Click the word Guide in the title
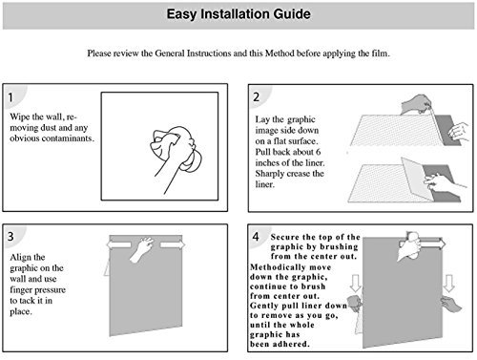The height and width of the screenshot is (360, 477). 292,14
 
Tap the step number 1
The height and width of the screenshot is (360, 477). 10,97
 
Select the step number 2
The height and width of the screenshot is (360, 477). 257,96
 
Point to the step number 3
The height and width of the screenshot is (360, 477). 10,236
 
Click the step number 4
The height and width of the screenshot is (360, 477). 256,237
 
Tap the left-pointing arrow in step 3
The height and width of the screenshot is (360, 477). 118,244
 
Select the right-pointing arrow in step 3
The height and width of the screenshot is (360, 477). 172,244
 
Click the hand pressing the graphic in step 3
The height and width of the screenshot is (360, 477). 142,248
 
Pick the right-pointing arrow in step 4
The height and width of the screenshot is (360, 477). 432,244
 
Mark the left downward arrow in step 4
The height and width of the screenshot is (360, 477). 355,284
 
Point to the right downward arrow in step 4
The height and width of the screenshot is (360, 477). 448,284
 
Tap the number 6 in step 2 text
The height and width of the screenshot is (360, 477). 318,152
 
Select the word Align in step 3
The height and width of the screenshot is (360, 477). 19,258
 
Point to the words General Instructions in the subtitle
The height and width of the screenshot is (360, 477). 193,53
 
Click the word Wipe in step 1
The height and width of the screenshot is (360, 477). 20,117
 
